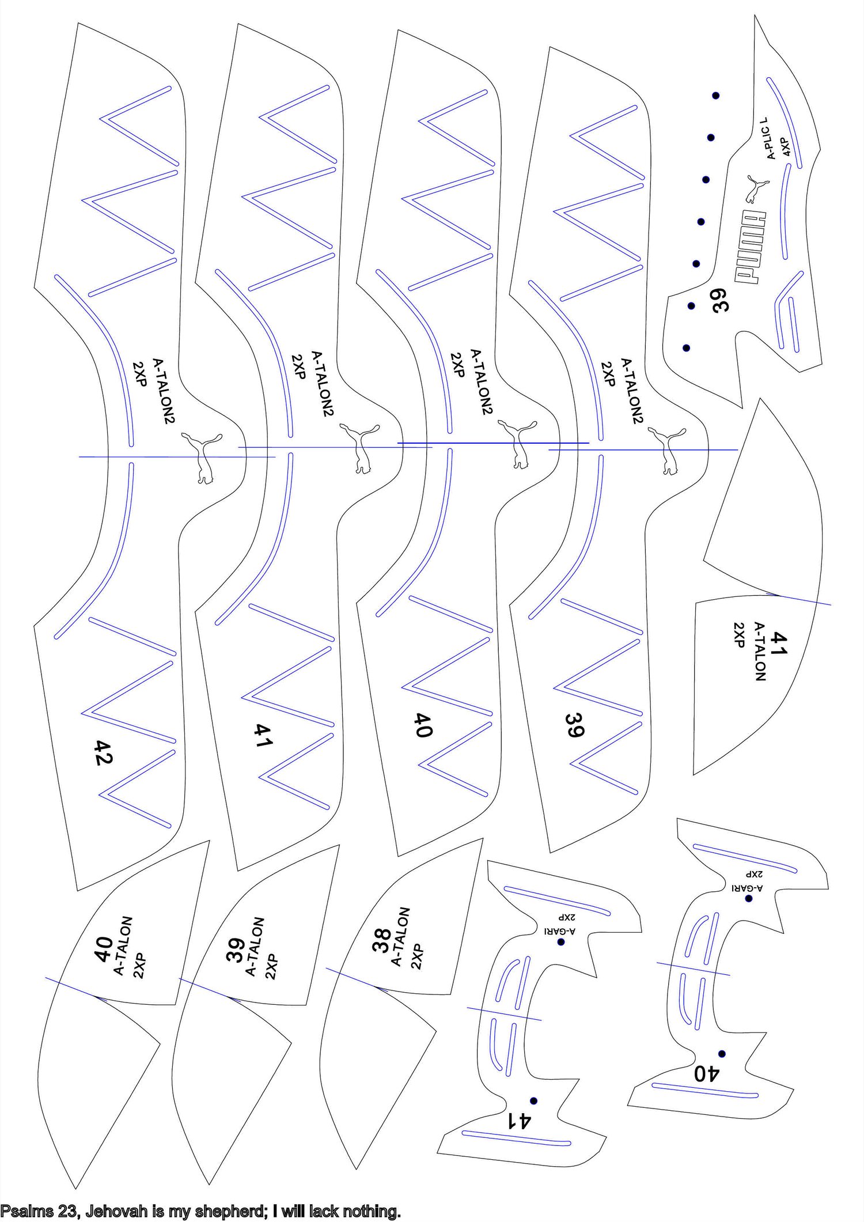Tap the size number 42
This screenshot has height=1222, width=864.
point(103,752)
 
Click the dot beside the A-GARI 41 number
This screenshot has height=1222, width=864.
point(534,1101)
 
